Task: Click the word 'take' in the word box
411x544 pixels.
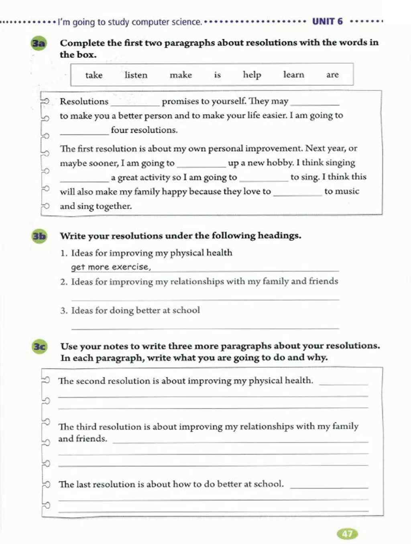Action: [94, 75]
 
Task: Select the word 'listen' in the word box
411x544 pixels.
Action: [136, 75]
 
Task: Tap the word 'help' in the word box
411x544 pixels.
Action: [252, 75]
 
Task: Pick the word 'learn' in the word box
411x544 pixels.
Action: [293, 74]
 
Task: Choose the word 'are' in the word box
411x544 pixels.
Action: [332, 75]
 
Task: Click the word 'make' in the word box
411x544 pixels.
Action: [181, 75]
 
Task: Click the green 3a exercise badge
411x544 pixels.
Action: [39, 43]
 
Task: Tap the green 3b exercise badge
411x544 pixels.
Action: [39, 236]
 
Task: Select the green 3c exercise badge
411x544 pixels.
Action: [39, 346]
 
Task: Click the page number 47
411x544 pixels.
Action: [347, 534]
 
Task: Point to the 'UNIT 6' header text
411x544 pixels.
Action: [328, 21]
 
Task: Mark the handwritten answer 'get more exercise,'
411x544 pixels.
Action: [111, 267]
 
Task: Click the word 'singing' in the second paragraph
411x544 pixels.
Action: [340, 163]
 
